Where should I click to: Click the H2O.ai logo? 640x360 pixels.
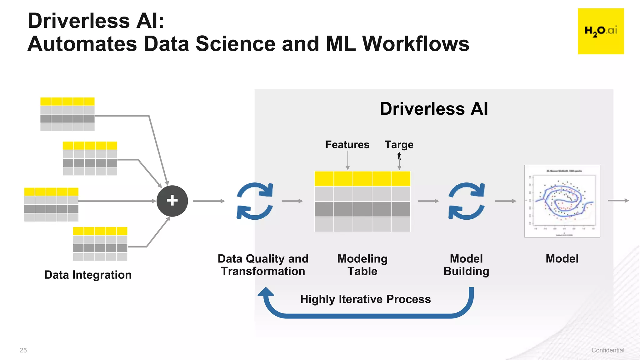601,31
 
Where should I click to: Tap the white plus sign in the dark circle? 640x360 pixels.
172,201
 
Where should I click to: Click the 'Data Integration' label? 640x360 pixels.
88,275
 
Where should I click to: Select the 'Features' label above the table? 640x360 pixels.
347,145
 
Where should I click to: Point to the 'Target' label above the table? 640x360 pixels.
399,145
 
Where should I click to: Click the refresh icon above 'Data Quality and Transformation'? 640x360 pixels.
255,201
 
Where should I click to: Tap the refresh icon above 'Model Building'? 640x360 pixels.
466,201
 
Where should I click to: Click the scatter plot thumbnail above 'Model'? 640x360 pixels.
562,201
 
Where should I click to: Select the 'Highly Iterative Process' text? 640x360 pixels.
365,299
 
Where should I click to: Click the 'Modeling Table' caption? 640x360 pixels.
362,265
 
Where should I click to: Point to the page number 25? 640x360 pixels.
23,350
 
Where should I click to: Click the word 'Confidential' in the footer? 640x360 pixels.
607,350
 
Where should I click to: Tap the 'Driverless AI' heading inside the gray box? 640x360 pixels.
434,109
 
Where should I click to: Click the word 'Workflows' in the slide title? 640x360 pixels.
416,44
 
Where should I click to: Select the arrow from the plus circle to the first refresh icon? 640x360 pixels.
209,201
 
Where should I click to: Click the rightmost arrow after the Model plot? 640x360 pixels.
618,201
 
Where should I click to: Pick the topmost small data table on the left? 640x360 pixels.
67,114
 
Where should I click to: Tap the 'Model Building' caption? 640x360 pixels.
466,265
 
